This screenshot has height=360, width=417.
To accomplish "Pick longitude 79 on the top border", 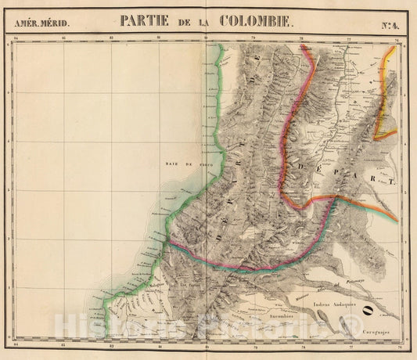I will coord(253,38).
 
